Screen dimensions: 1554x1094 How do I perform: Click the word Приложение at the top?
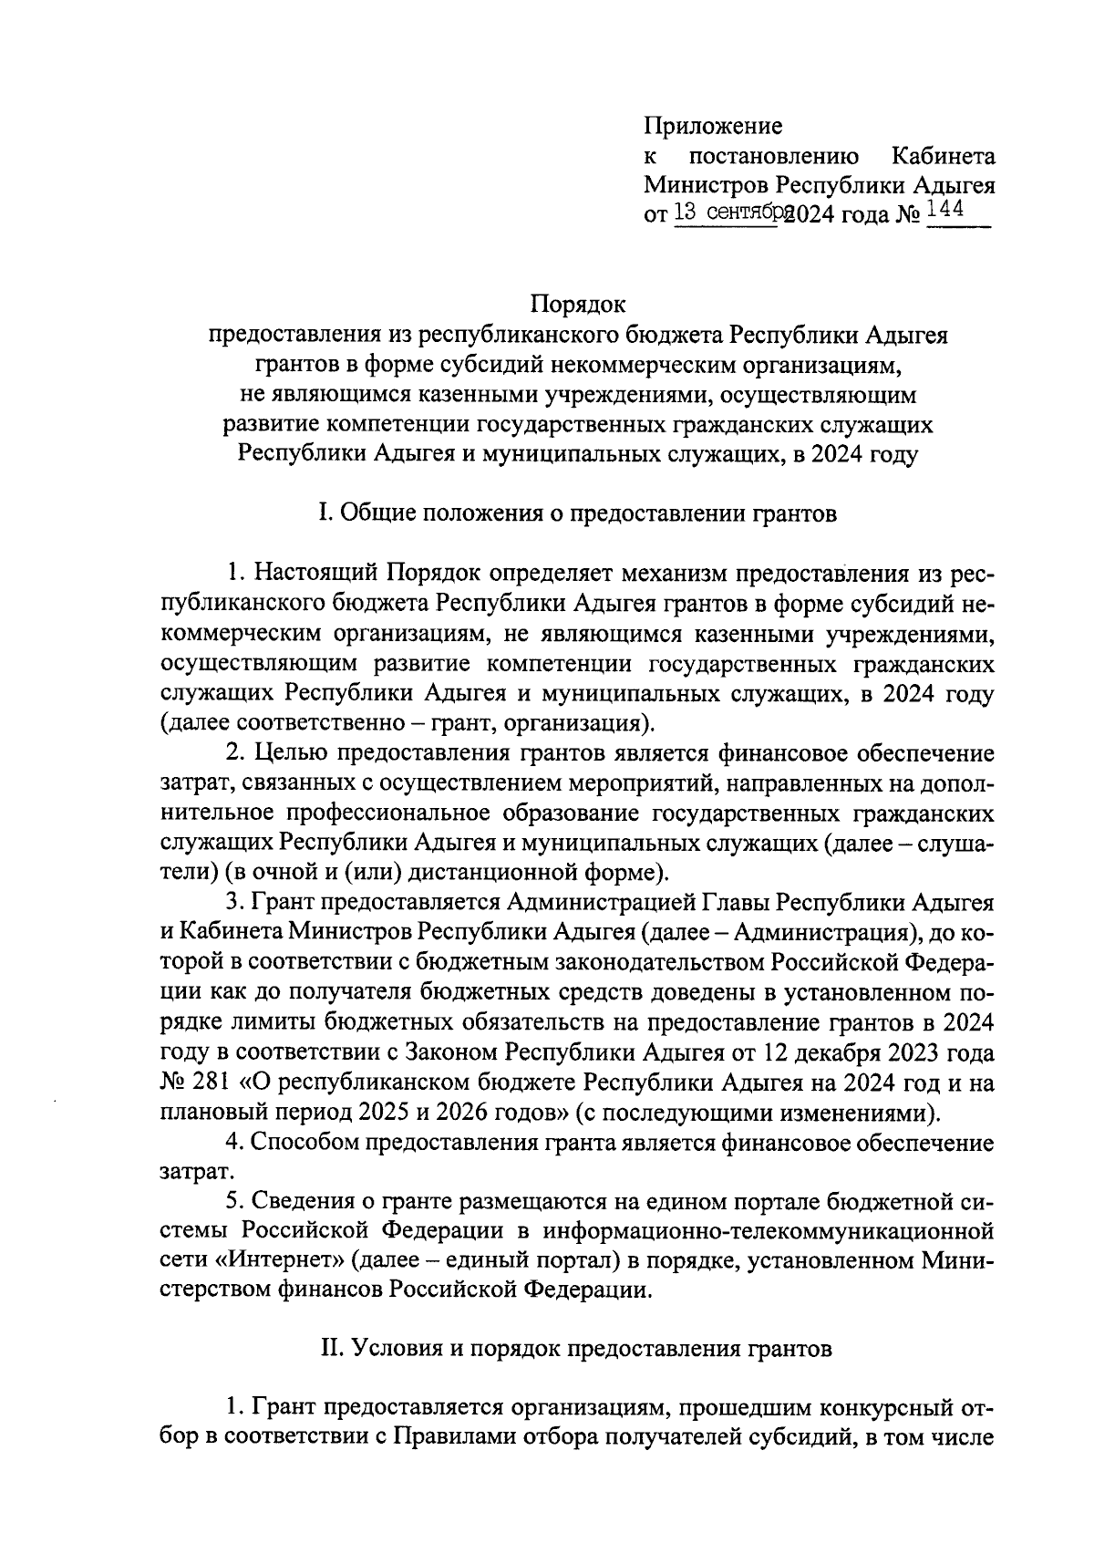point(713,126)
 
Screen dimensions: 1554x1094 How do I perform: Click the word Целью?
point(294,753)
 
